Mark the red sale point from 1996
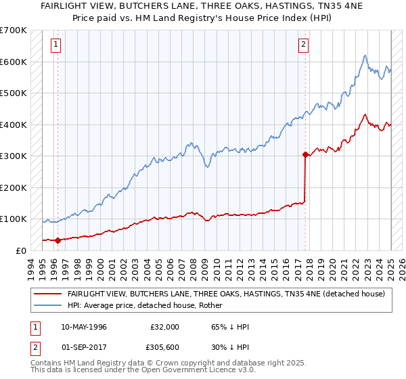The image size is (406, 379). coord(58,240)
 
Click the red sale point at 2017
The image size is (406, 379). coord(305,154)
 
